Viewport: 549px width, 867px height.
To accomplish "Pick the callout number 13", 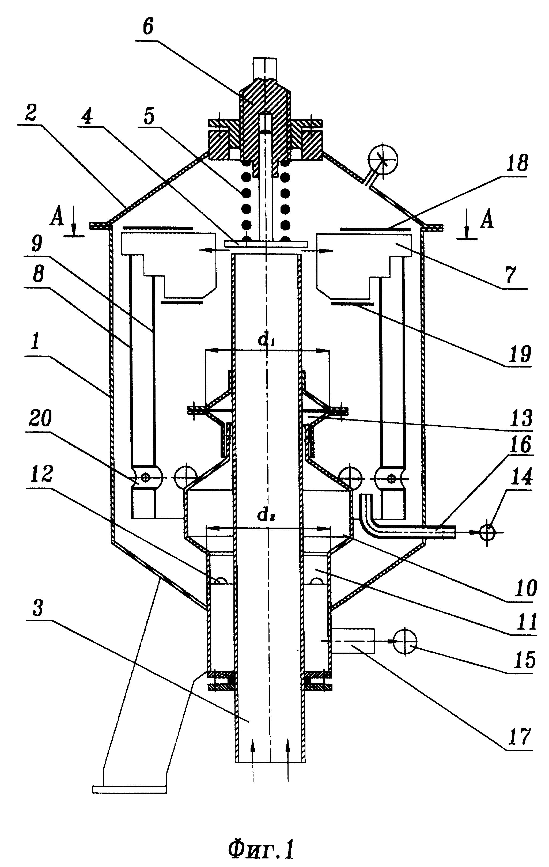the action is coord(522,418).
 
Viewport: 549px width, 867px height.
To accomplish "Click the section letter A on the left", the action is coord(56,218).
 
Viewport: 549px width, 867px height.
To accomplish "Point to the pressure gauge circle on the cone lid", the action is coord(383,158).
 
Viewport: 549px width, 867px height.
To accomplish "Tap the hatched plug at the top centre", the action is coord(265,119).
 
